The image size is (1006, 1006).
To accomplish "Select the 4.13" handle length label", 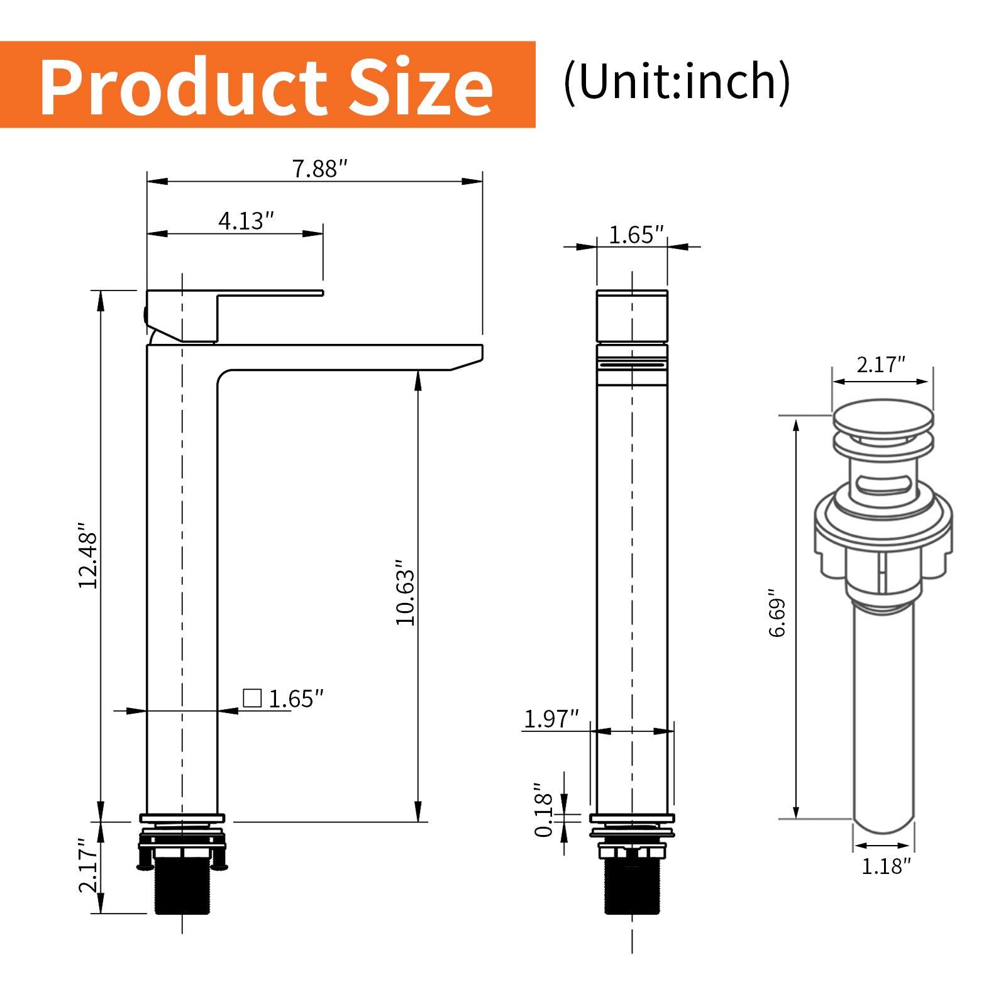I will [246, 221].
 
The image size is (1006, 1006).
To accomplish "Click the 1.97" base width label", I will [551, 719].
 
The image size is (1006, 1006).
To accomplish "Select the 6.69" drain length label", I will [778, 613].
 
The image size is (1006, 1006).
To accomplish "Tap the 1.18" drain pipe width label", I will [885, 866].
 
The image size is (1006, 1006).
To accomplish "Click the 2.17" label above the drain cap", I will [880, 365].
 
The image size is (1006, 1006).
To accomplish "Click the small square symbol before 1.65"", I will [252, 698].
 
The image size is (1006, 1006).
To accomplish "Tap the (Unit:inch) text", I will [677, 82].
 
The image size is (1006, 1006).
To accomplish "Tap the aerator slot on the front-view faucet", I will [632, 363].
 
